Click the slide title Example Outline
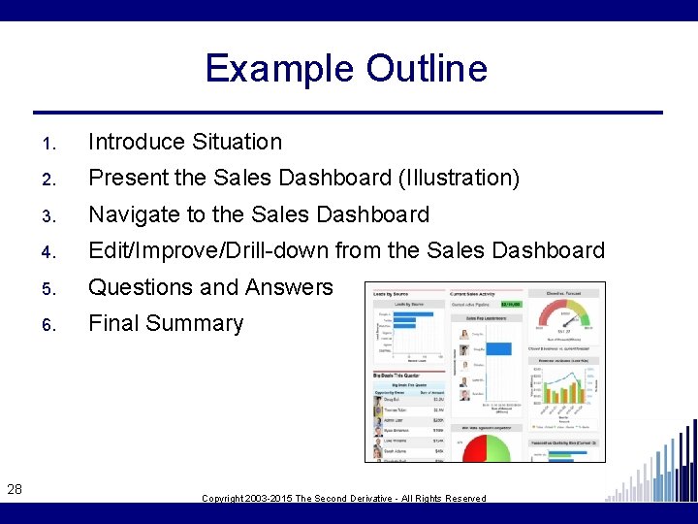[346, 69]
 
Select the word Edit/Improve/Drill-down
[208, 250]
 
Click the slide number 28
[15, 490]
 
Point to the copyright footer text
[344, 498]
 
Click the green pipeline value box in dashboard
[510, 304]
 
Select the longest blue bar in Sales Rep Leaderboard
[497, 347]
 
